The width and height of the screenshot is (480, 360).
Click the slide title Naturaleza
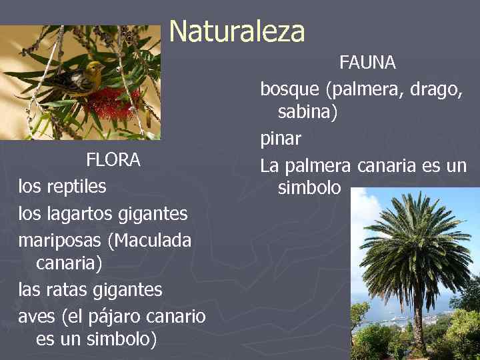(x=237, y=31)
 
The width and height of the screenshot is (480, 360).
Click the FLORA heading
(x=113, y=160)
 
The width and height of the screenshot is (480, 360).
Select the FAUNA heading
(x=367, y=63)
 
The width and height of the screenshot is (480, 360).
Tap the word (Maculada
(x=153, y=239)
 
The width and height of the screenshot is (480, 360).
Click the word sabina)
(x=308, y=113)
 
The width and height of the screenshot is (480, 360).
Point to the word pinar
(x=281, y=139)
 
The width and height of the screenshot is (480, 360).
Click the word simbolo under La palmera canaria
(x=309, y=189)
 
